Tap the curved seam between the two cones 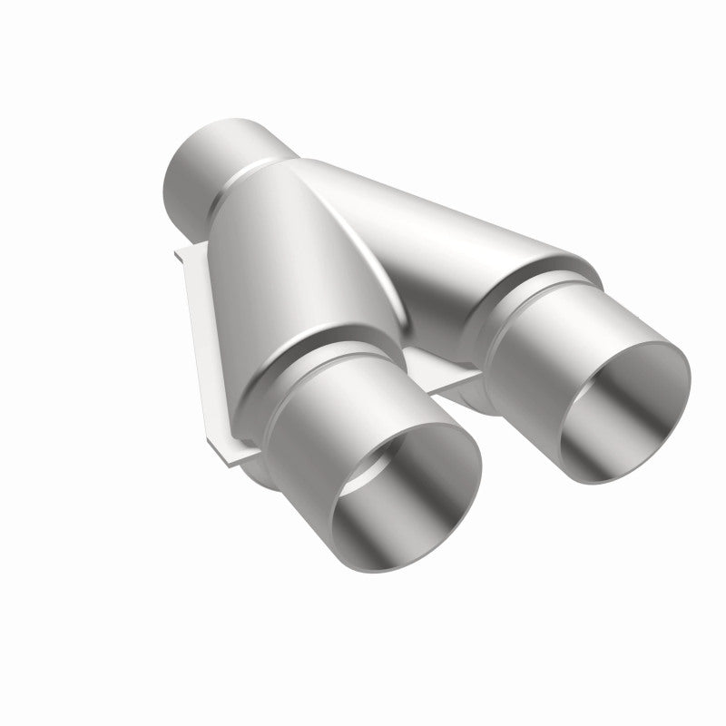coord(381,272)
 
